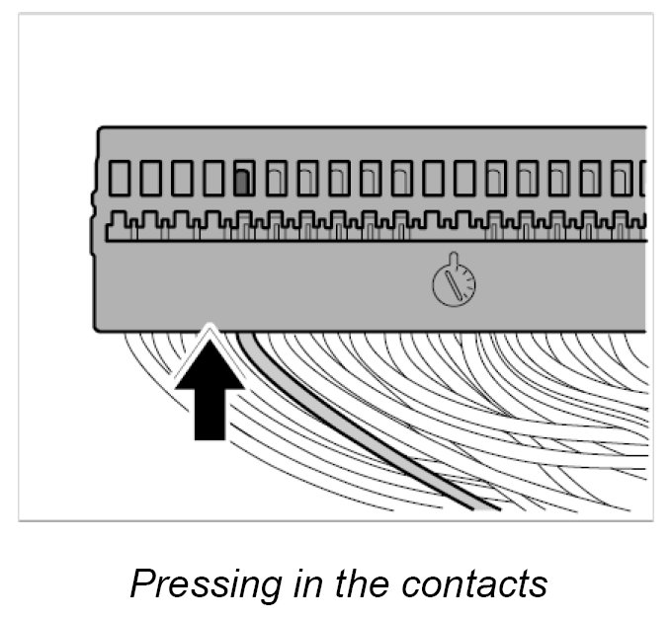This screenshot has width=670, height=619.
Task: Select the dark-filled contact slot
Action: click(242, 182)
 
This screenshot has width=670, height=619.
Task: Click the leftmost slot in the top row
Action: click(121, 178)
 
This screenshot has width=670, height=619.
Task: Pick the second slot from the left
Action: click(151, 178)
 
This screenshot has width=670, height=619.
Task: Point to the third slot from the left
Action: click(183, 178)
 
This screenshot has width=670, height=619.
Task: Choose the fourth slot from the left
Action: click(213, 178)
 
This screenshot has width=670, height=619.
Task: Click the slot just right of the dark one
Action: click(275, 178)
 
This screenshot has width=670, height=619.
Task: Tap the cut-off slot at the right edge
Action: click(643, 178)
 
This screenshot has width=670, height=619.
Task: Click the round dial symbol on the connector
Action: click(454, 285)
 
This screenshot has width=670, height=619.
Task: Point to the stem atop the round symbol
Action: click(451, 260)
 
